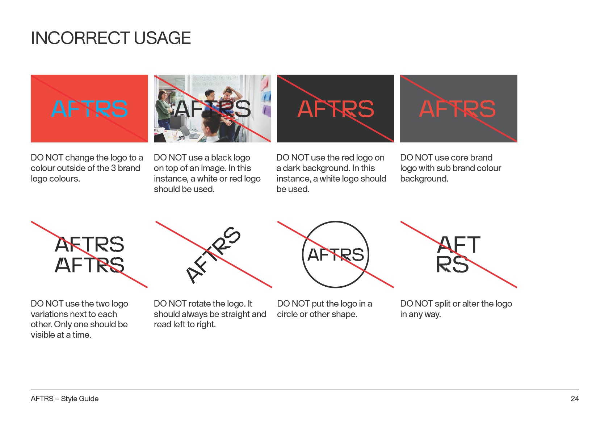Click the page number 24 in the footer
[x=575, y=399]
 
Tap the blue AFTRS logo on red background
[x=89, y=109]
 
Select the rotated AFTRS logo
[x=213, y=255]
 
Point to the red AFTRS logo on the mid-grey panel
[x=457, y=109]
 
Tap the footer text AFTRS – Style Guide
[x=65, y=399]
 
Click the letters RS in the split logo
[x=452, y=265]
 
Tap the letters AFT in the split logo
[x=459, y=244]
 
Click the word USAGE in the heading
[x=162, y=38]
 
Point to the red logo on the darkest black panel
[x=336, y=109]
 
